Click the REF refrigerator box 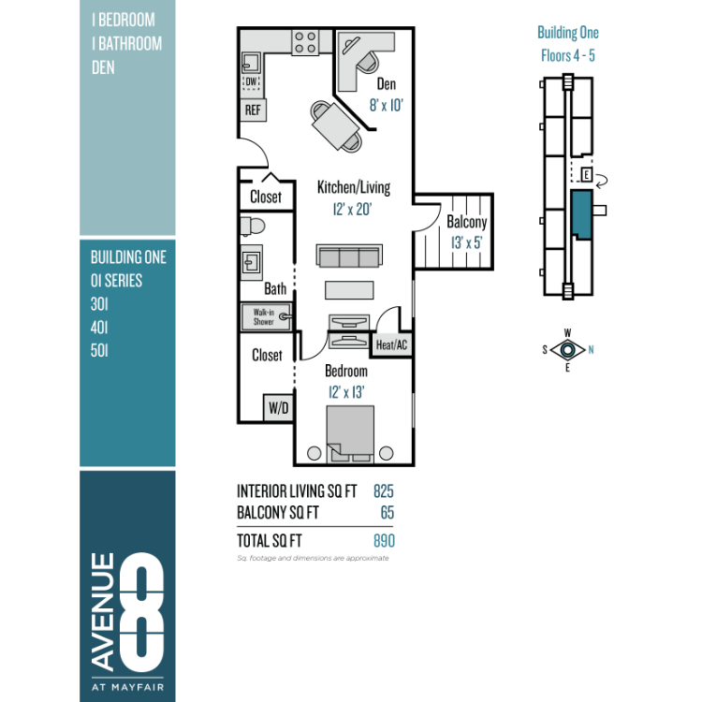pos(253,110)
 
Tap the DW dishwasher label pos(251,82)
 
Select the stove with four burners pos(305,42)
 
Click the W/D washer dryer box pos(278,407)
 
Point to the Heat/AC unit pos(391,344)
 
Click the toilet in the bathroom pos(252,227)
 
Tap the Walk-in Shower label pos(264,316)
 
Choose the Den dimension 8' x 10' pos(386,105)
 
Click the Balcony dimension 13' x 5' pos(466,242)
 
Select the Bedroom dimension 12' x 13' pos(346,392)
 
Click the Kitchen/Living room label pos(354,187)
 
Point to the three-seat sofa pos(349,256)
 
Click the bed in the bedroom pos(350,433)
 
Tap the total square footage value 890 pos(384,541)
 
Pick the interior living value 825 pos(384,491)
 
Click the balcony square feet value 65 pos(388,513)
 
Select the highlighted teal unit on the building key pos(582,214)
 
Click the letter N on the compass pos(591,350)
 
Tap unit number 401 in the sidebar pos(99,328)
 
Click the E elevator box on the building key pos(587,174)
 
